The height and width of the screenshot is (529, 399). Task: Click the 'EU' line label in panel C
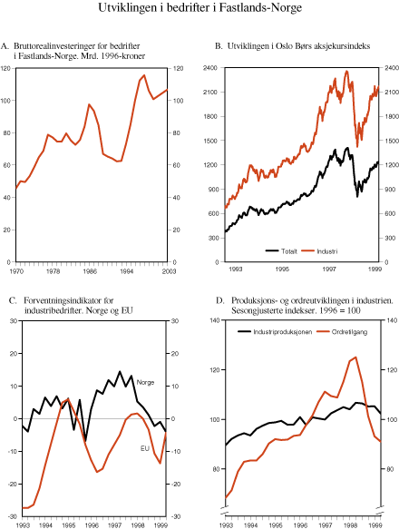click(144, 448)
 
